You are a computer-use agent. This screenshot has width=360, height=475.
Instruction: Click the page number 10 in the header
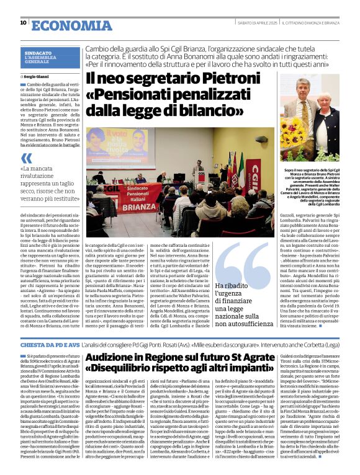tap(23, 22)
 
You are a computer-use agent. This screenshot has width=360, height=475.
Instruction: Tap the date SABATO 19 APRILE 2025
tap(253, 23)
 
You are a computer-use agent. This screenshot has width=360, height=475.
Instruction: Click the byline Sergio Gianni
tap(37, 76)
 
